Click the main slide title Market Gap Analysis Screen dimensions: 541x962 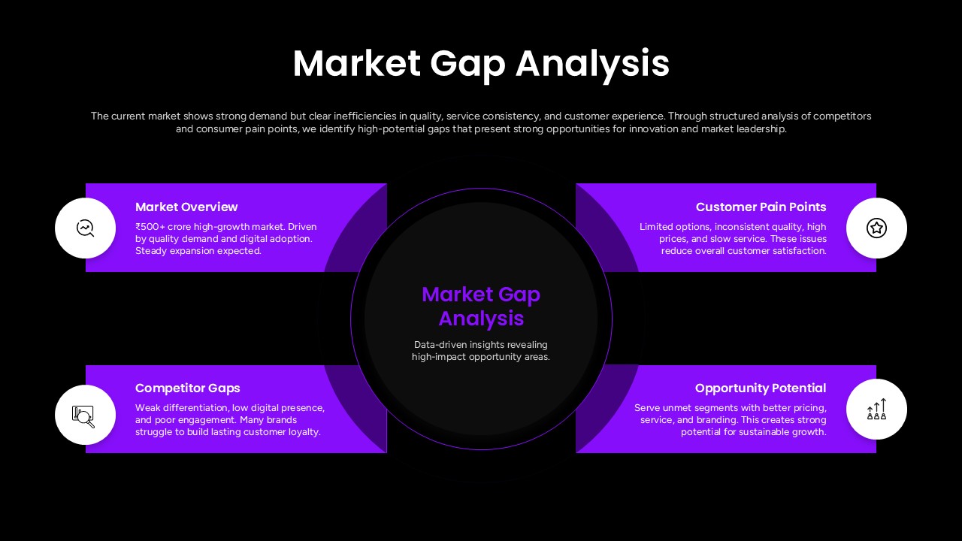[x=481, y=63]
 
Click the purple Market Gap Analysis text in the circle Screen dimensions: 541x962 [x=481, y=306]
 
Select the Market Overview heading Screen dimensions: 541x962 [x=186, y=207]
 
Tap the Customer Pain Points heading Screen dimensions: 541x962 [x=761, y=207]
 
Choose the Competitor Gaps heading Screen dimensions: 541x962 [x=188, y=388]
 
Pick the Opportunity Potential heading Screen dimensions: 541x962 [x=761, y=388]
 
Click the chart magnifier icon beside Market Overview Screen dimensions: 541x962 [x=86, y=228]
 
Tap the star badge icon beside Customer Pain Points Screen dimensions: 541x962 [x=876, y=228]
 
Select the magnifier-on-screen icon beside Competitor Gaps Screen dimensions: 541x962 [x=84, y=415]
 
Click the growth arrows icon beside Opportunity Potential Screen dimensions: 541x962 [x=876, y=410]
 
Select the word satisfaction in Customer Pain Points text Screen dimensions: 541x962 [x=799, y=251]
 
